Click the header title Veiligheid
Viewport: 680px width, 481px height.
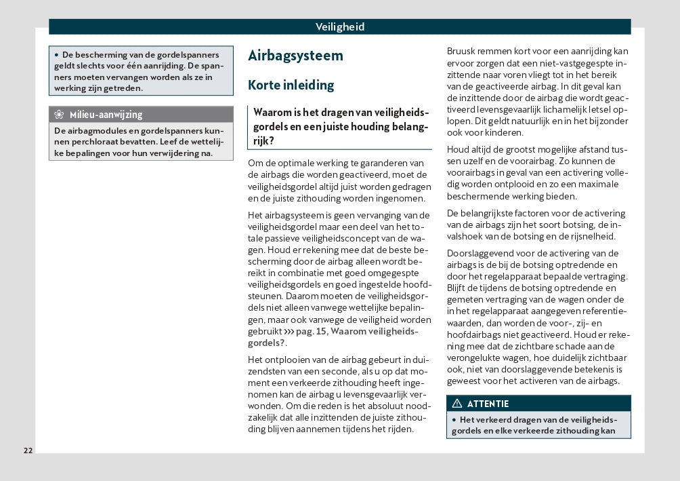[340, 27]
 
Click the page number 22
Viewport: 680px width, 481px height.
[28, 450]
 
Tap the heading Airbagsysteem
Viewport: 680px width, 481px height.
[295, 56]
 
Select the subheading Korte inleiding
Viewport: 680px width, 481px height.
[291, 85]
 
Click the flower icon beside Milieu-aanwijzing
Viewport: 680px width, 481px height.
[60, 115]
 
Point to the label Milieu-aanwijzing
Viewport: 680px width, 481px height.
[106, 115]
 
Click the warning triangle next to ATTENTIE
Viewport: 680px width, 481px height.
[456, 404]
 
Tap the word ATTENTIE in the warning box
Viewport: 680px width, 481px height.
[488, 404]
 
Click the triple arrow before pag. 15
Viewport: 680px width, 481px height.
[289, 331]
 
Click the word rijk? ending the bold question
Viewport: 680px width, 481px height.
[263, 140]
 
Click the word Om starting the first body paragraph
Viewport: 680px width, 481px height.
[255, 163]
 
